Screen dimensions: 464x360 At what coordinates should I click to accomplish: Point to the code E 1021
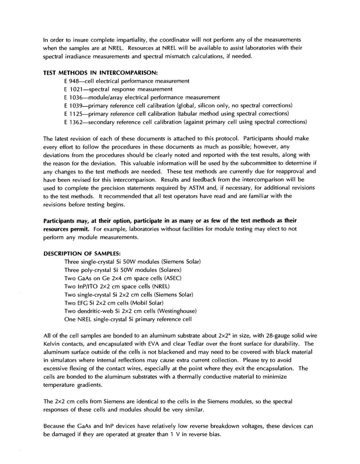73,89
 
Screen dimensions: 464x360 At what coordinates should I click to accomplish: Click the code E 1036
73,97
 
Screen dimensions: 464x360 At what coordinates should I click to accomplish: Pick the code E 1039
73,105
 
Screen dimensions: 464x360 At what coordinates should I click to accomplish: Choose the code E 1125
73,114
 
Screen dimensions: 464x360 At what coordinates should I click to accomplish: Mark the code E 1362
73,122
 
